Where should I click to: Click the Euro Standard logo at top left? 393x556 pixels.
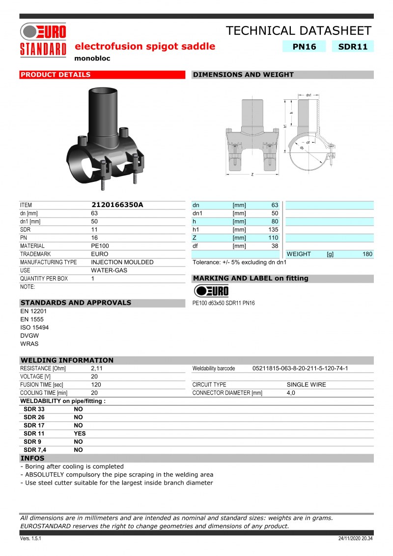coord(43,40)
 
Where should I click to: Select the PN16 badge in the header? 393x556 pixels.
coord(304,46)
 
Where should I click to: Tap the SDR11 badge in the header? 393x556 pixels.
coord(353,46)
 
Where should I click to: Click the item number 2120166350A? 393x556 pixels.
coord(117,205)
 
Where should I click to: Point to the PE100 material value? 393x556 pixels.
coord(100,246)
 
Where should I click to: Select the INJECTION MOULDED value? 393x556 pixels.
coord(122,262)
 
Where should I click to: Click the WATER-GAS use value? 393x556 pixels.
coord(109,270)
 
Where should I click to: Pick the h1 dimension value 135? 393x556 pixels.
coord(273,230)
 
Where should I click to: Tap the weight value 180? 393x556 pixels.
coord(367,254)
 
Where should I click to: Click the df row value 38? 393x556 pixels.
coord(275,246)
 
